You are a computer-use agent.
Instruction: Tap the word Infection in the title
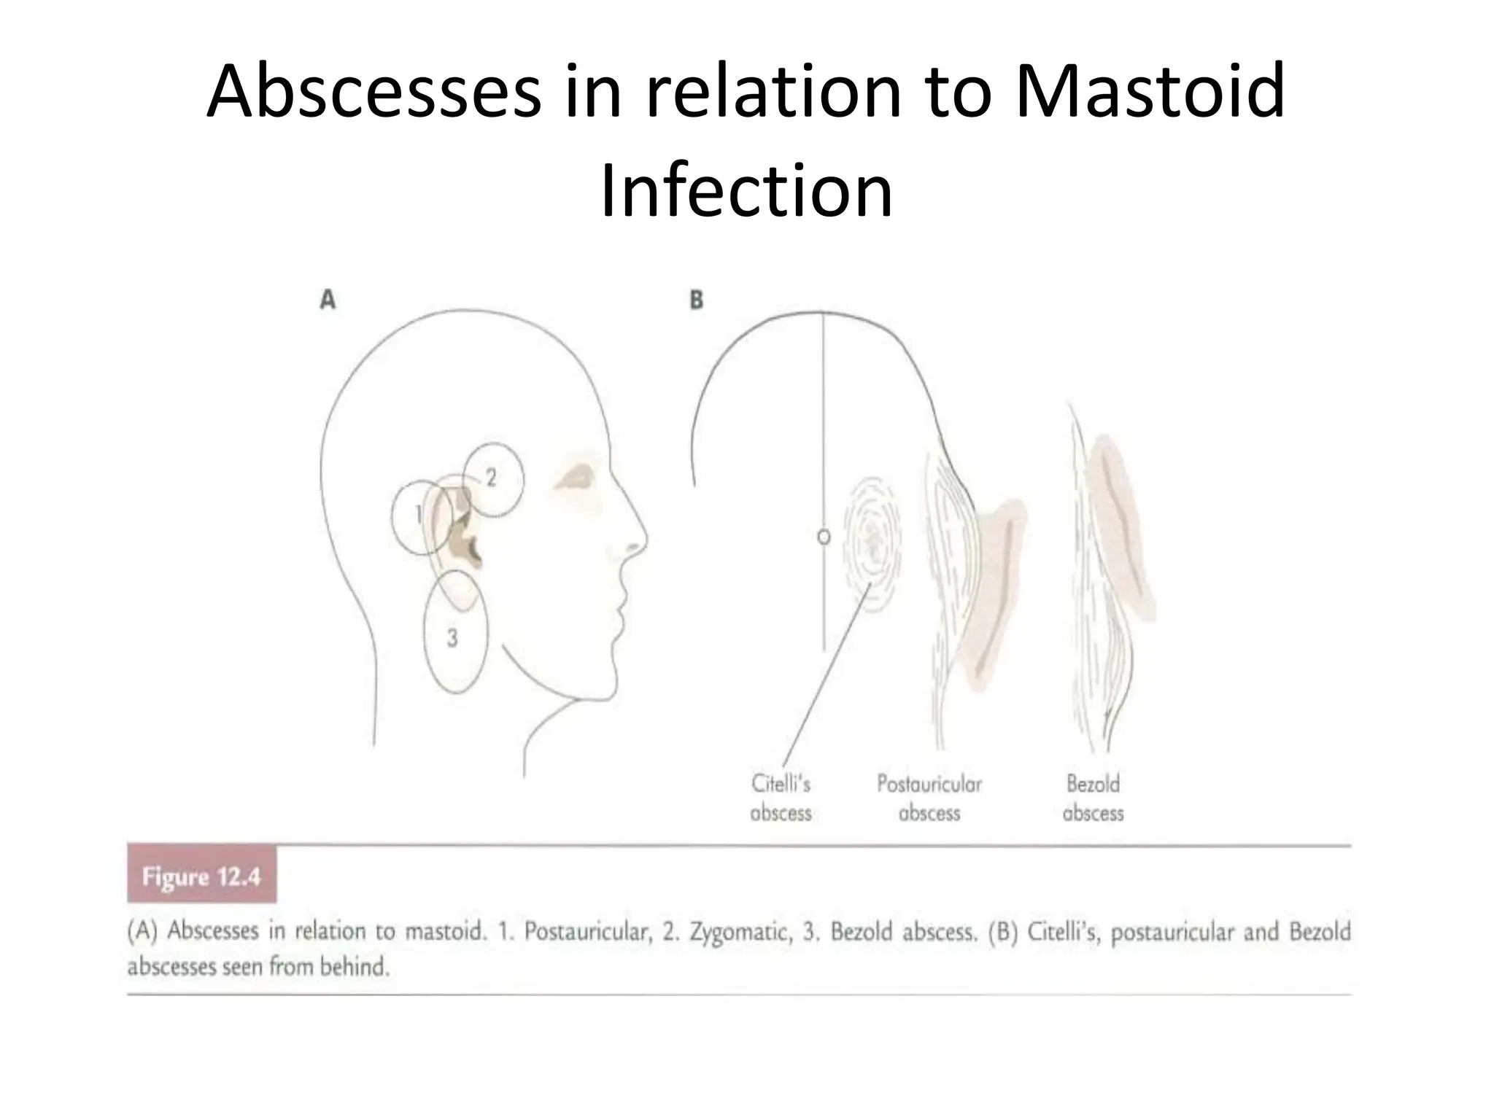point(746,191)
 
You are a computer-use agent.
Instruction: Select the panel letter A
point(328,300)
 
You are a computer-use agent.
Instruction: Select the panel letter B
point(697,300)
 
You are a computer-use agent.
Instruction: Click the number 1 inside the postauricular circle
point(419,515)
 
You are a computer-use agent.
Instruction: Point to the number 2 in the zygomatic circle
point(491,478)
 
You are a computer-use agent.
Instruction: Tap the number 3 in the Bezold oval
point(452,638)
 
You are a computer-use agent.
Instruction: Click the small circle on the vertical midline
point(824,537)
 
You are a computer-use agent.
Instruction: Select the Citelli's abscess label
point(781,798)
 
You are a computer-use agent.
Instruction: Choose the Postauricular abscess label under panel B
point(929,798)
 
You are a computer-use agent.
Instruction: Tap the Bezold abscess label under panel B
point(1093,798)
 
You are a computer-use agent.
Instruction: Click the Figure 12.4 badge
point(201,876)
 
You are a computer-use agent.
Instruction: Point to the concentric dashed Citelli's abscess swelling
point(872,538)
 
